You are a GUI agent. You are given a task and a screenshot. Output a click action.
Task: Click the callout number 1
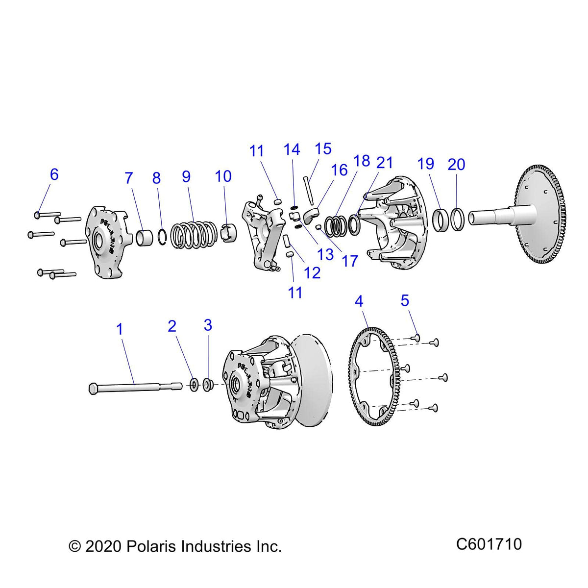pos(120,329)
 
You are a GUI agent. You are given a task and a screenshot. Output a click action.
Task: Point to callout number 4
pos(359,301)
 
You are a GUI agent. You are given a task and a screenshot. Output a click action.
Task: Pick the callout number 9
pos(186,176)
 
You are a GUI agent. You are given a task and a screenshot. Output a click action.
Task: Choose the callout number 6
pos(54,174)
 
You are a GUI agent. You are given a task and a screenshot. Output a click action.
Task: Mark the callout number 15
pos(323,149)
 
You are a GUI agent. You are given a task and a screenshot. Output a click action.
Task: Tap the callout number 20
pos(456,164)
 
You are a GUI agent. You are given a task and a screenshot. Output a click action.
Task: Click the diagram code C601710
pos(489,544)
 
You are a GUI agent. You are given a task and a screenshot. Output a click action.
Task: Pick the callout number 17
pos(350,261)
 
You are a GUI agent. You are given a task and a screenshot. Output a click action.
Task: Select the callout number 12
pos(312,272)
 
